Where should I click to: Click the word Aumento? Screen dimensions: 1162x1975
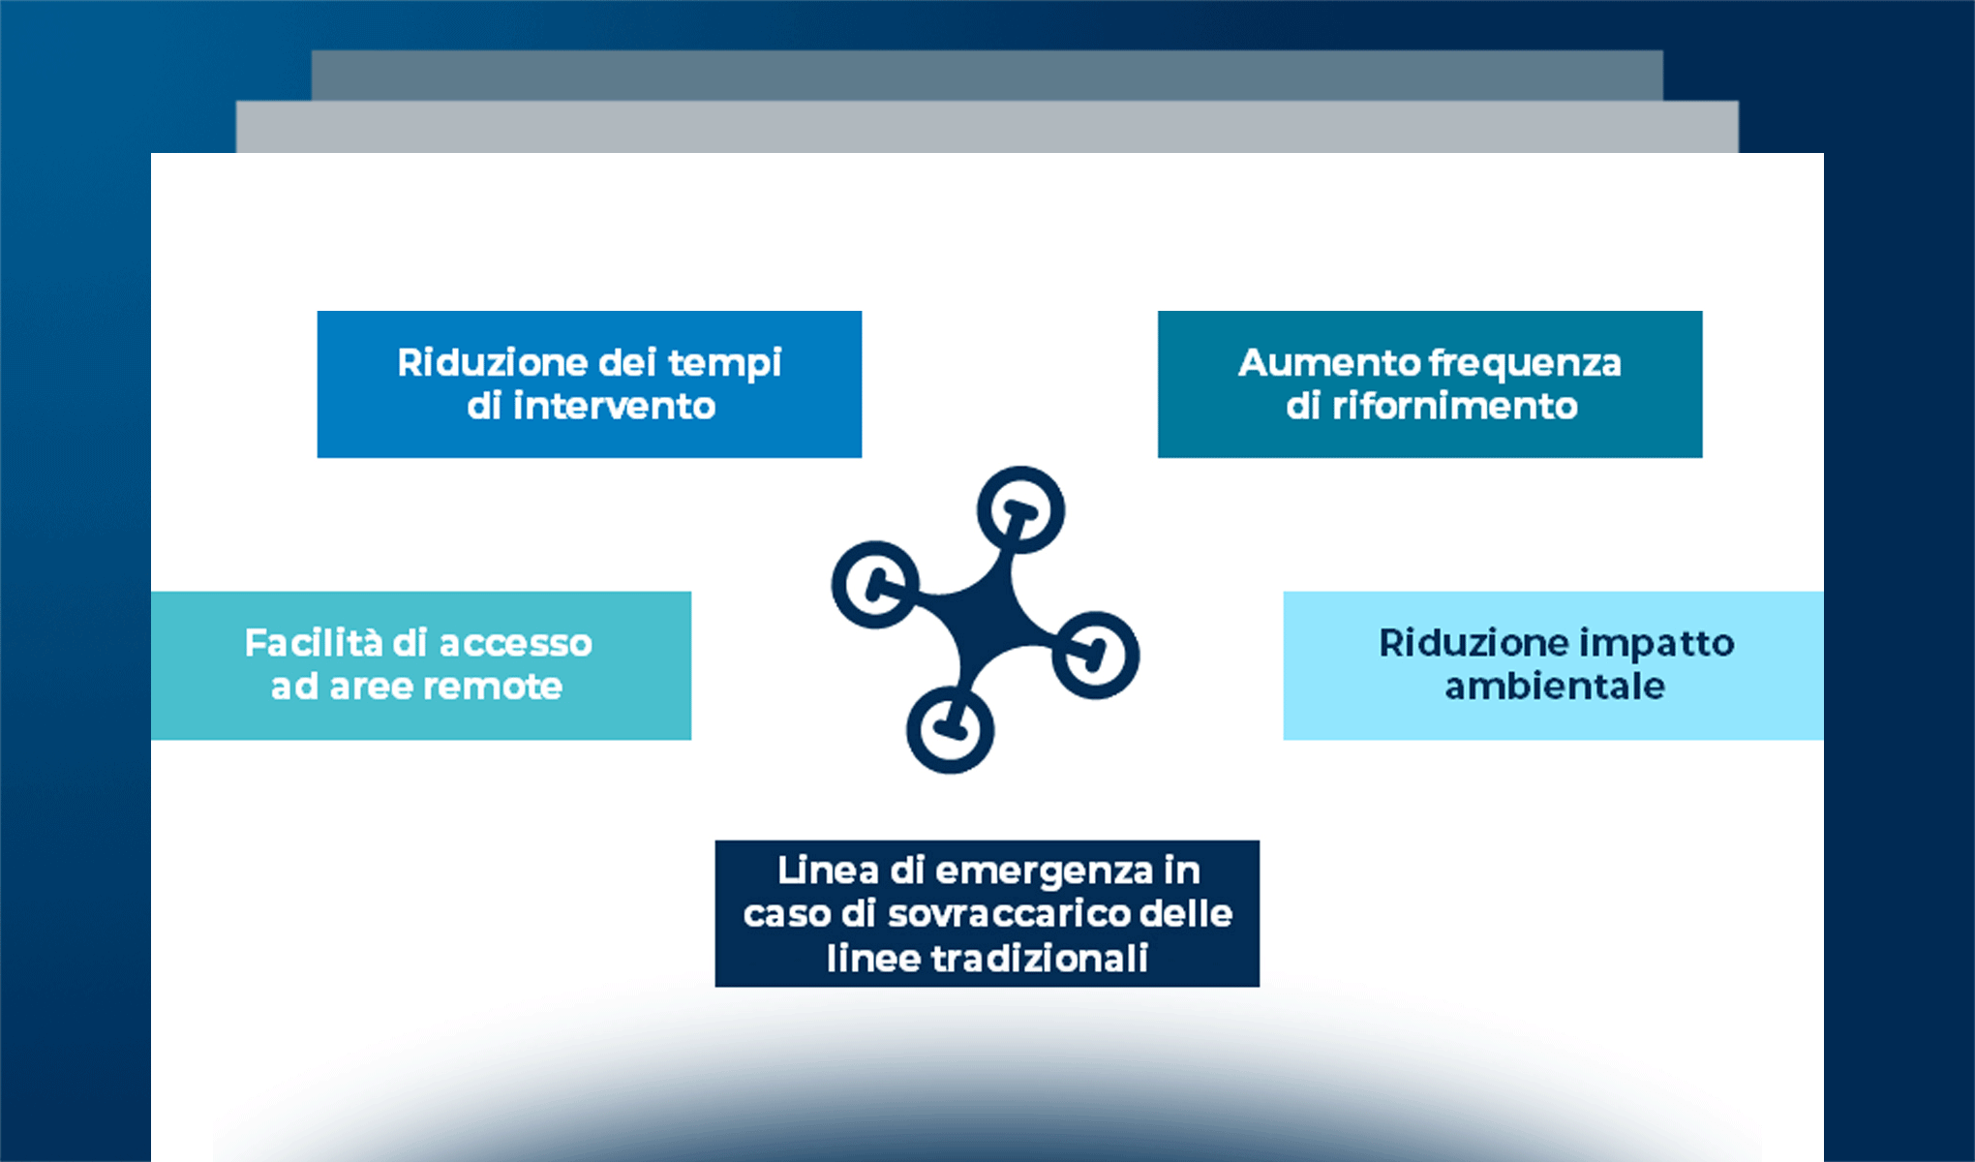pyautogui.click(x=1329, y=363)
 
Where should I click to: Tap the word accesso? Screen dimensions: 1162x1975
pyautogui.click(x=515, y=644)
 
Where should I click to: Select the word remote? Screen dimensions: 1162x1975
pyautogui.click(x=493, y=687)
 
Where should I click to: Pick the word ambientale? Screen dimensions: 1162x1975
pyautogui.click(x=1555, y=687)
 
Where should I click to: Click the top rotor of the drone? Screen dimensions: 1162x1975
pyautogui.click(x=1020, y=510)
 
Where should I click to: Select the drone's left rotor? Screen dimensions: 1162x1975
pyautogui.click(x=875, y=585)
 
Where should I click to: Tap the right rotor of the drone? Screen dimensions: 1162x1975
pyautogui.click(x=1095, y=656)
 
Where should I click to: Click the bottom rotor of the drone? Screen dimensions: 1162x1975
pyautogui.click(x=950, y=730)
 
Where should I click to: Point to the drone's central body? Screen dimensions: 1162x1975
pyautogui.click(x=986, y=620)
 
